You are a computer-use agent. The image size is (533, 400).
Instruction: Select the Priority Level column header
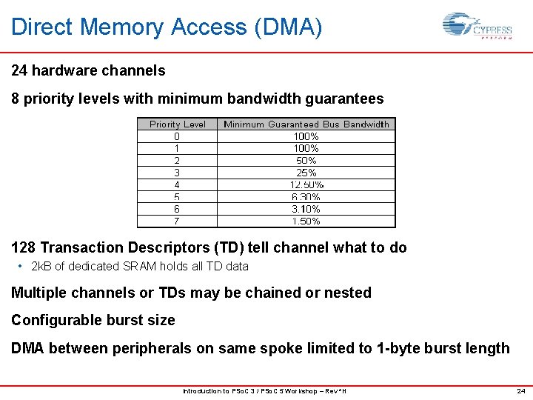[178, 124]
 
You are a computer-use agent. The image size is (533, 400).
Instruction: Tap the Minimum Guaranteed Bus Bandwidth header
[306, 124]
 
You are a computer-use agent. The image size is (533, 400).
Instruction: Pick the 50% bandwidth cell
[306, 161]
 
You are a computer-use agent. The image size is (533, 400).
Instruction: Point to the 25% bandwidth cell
[306, 173]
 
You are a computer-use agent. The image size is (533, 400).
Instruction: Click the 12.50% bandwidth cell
[306, 184]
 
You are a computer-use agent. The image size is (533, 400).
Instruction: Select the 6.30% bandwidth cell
[306, 197]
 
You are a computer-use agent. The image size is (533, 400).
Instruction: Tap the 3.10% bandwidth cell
[306, 209]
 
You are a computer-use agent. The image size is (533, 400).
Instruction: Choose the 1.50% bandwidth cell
[306, 221]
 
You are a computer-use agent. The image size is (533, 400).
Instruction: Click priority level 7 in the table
[177, 221]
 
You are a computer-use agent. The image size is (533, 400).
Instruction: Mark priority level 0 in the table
[177, 136]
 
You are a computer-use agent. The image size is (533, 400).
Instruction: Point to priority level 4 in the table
[177, 184]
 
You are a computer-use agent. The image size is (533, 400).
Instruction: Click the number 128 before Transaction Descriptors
[24, 247]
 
